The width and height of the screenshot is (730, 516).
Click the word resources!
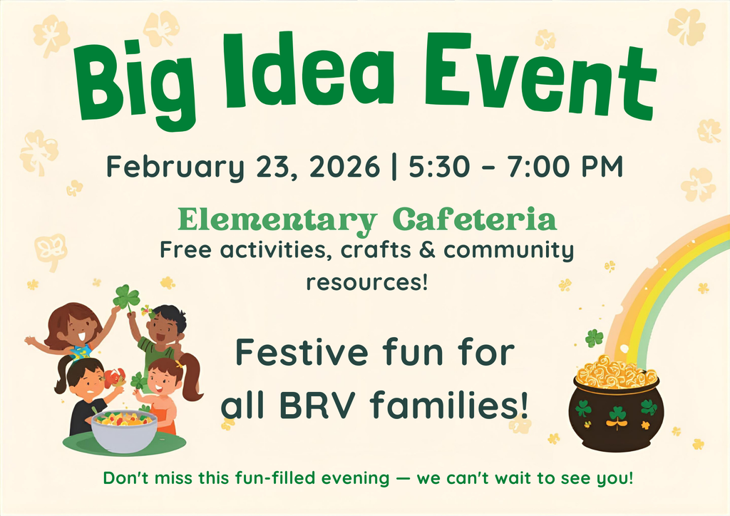coord(366,282)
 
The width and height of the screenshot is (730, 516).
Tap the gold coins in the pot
coord(616,371)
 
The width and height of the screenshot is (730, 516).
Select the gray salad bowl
coord(124,430)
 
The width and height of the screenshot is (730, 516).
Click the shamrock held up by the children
coord(126,296)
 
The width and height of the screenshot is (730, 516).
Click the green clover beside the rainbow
coord(594,337)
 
